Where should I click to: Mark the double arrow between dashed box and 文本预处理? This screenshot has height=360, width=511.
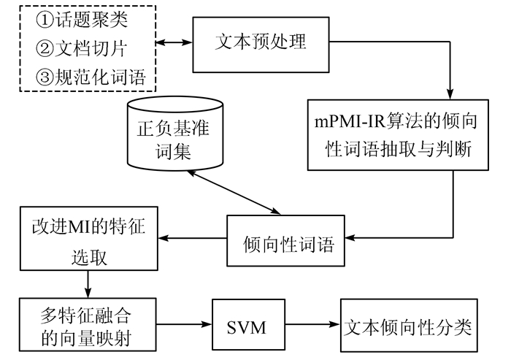pyautogui.click(x=174, y=45)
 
